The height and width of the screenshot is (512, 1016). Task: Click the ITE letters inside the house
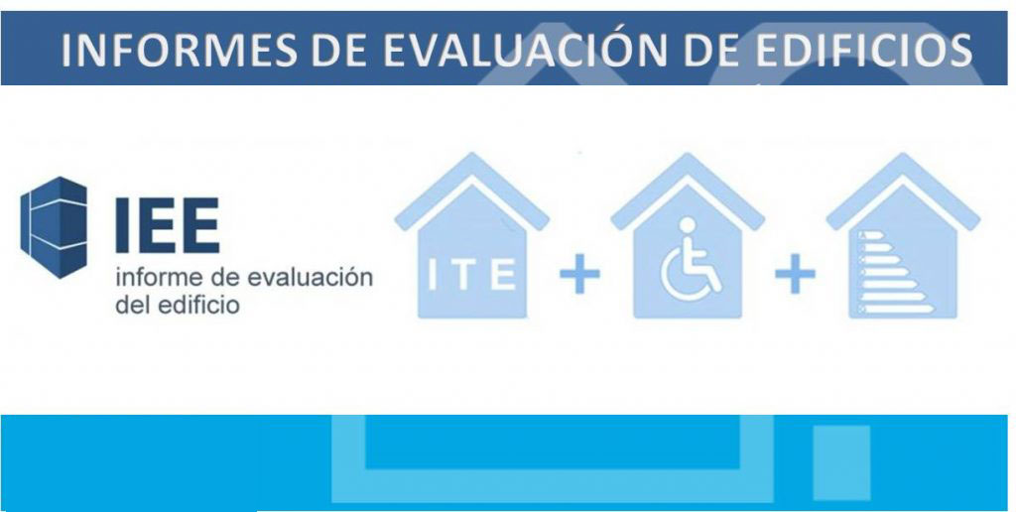(471, 275)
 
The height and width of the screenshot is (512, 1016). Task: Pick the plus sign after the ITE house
(579, 275)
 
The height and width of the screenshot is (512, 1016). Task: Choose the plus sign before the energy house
(795, 275)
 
